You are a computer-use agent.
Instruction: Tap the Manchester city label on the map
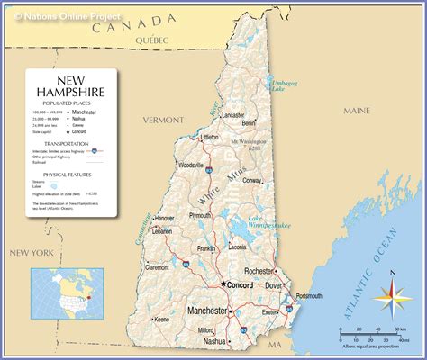tap(207, 311)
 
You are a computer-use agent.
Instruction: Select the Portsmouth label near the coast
tap(312, 296)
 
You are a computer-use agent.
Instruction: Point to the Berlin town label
tap(250, 122)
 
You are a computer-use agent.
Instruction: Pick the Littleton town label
tap(209, 138)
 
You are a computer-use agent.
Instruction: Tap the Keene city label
tap(162, 319)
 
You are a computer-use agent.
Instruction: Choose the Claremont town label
tap(157, 267)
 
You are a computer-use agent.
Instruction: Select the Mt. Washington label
tap(248, 141)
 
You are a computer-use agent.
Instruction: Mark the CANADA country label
tap(141, 22)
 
